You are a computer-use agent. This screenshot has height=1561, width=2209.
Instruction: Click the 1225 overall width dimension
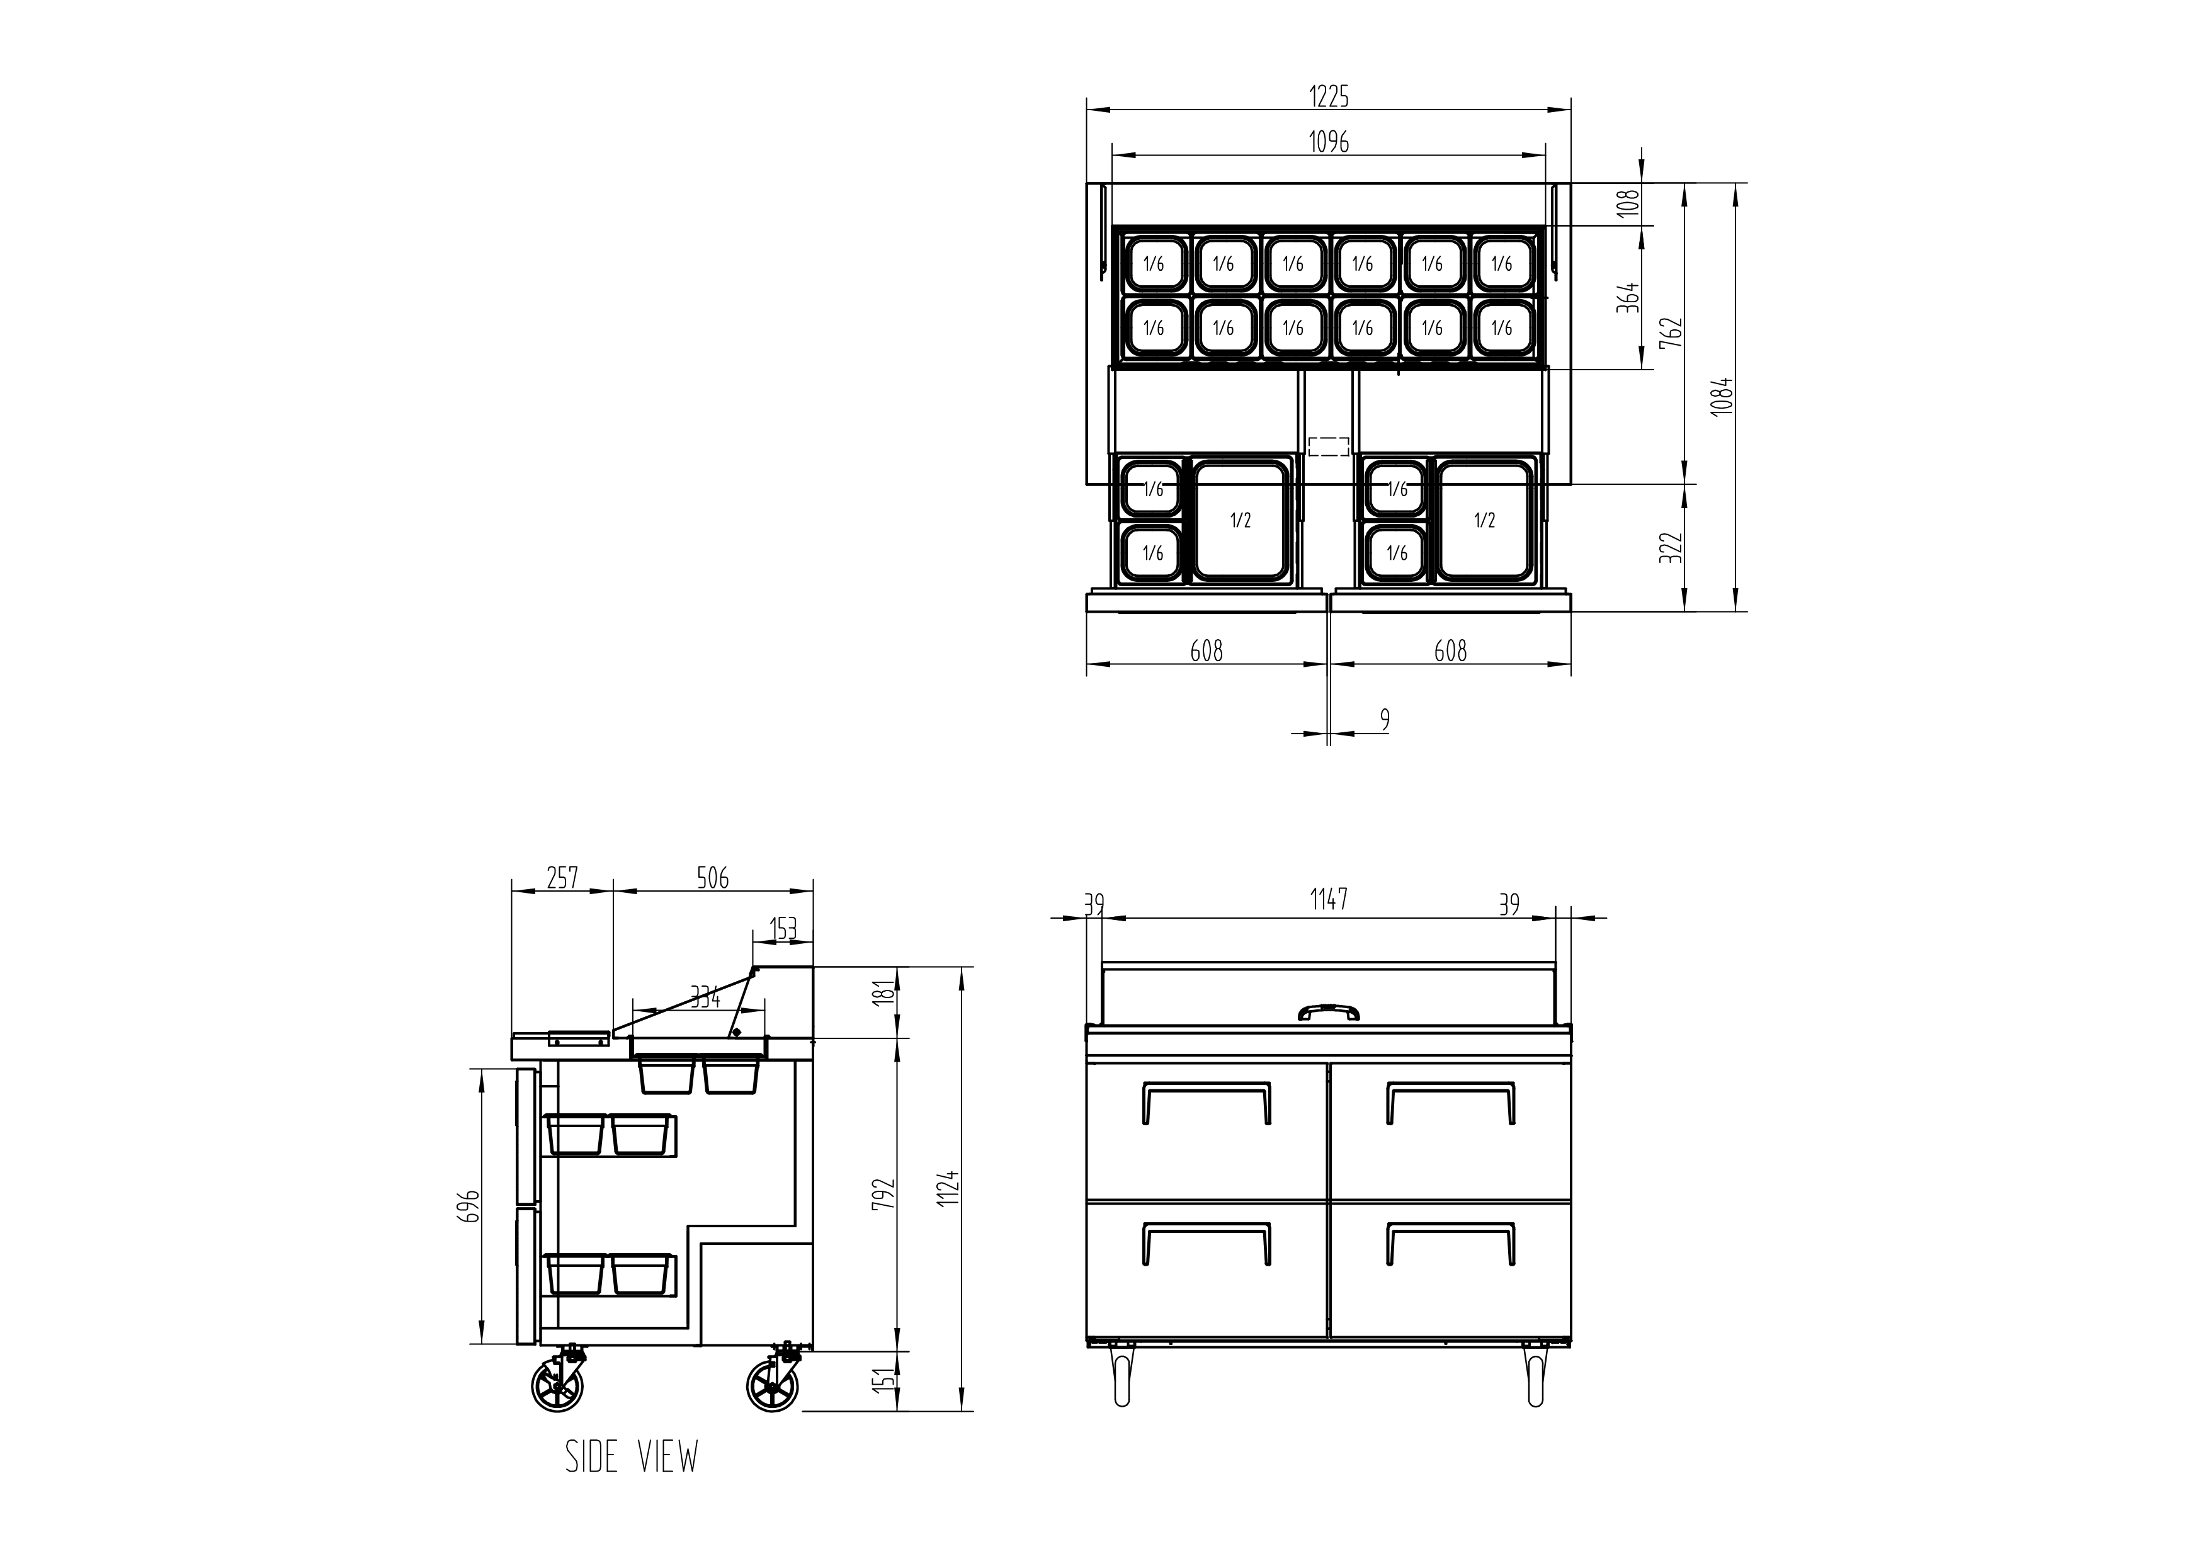(1329, 96)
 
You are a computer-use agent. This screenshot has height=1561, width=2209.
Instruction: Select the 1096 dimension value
(1329, 142)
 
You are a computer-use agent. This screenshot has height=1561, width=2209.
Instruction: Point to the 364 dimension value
(1627, 298)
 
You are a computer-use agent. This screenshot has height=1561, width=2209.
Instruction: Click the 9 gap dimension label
(1385, 720)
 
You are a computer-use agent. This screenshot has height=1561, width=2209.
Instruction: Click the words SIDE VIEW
(631, 1457)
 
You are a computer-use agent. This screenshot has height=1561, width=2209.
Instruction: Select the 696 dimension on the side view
(468, 1206)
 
